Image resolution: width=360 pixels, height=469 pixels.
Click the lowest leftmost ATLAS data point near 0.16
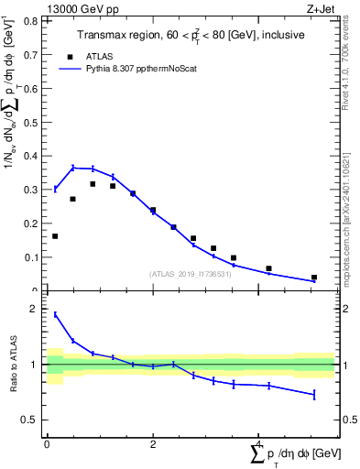[x=55, y=236]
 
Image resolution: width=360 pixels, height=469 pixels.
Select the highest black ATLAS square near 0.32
[x=93, y=183]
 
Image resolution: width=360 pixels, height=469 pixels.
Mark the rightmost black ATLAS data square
[x=313, y=277]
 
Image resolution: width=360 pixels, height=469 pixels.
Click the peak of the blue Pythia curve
[x=73, y=168]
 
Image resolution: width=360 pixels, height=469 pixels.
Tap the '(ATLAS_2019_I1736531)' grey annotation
[x=189, y=274]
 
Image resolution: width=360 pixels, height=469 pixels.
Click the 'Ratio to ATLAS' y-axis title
[x=12, y=365]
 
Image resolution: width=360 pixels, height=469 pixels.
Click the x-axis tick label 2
[x=152, y=443]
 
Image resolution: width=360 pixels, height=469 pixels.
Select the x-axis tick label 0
[x=47, y=443]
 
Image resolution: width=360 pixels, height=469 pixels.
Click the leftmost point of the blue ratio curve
[x=55, y=314]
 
